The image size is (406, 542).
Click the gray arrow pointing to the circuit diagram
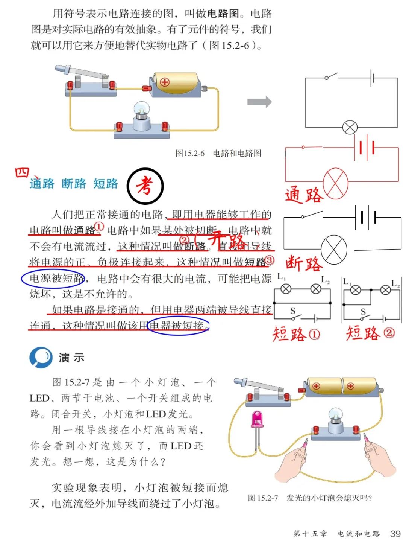[259, 102]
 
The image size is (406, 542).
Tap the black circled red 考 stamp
[145, 186]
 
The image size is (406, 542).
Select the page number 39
[395, 534]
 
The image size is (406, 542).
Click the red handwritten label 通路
[304, 195]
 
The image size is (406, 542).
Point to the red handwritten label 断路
[304, 263]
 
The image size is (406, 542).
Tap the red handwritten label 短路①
[296, 334]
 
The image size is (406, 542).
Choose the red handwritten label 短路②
[370, 333]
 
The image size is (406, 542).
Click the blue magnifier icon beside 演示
[41, 357]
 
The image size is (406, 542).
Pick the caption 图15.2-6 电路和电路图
[218, 153]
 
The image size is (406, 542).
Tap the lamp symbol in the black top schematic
[350, 127]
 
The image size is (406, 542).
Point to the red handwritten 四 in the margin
[23, 173]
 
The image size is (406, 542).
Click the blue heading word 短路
[106, 184]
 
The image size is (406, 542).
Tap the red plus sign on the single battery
[165, 82]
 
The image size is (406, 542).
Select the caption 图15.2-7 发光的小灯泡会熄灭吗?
[310, 498]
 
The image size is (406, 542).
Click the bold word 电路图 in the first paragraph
[223, 14]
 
